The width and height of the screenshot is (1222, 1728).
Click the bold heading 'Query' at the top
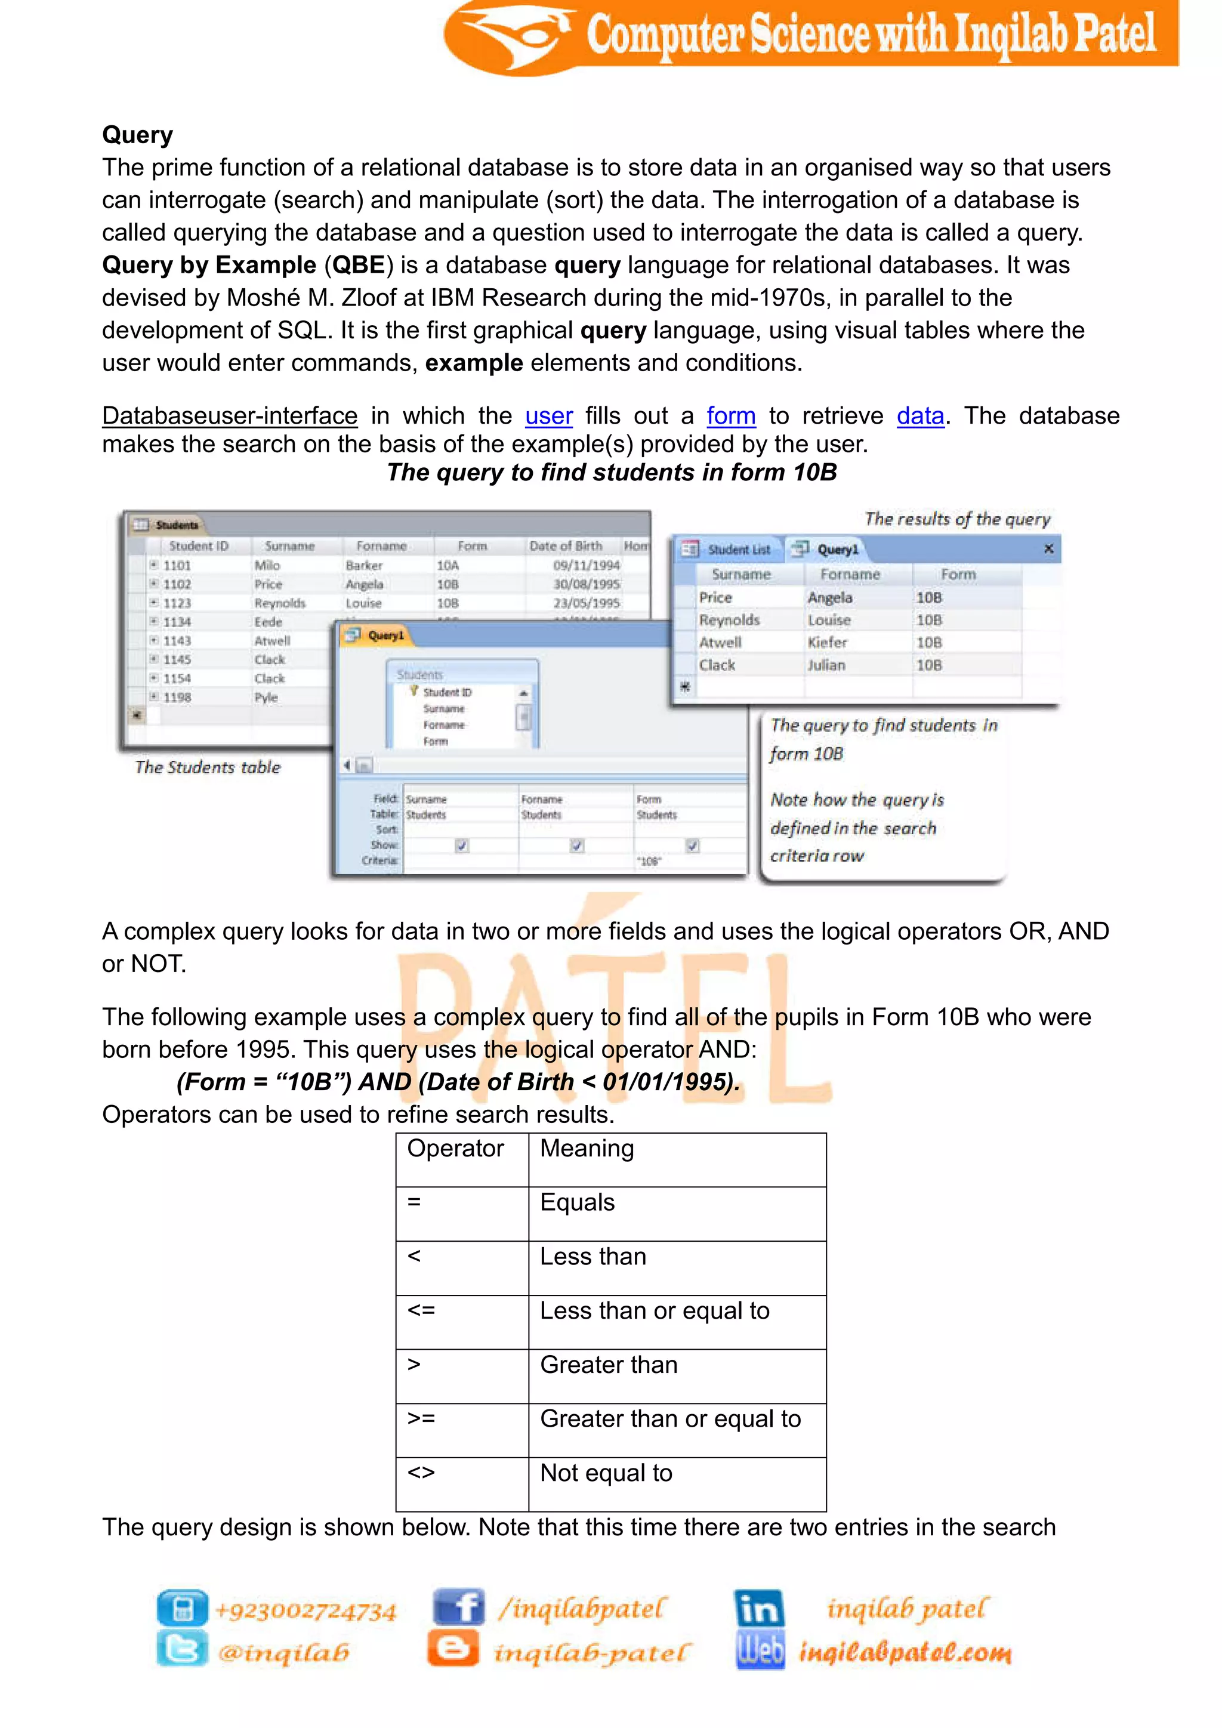(x=138, y=135)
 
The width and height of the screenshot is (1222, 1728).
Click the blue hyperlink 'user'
(x=548, y=416)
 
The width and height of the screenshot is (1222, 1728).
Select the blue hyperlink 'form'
(x=731, y=416)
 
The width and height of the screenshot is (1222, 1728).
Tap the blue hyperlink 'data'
(x=919, y=416)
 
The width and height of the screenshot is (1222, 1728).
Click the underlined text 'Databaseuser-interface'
(x=230, y=416)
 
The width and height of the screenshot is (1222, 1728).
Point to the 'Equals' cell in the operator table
(x=577, y=1203)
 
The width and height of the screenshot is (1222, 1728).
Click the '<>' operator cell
(x=421, y=1473)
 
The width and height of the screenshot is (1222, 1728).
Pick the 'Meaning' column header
(x=587, y=1149)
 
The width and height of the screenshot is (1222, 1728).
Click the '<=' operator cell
(x=421, y=1310)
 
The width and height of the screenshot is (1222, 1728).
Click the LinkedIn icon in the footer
(x=758, y=1608)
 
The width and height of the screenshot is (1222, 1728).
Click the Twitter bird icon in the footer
(x=181, y=1650)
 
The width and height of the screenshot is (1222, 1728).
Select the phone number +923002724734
(x=305, y=1611)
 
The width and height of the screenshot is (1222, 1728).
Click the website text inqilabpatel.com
(x=905, y=1653)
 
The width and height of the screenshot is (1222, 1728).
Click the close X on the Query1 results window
(x=1048, y=550)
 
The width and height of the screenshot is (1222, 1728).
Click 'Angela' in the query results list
(x=830, y=597)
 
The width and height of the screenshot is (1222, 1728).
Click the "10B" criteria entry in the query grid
(x=649, y=861)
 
